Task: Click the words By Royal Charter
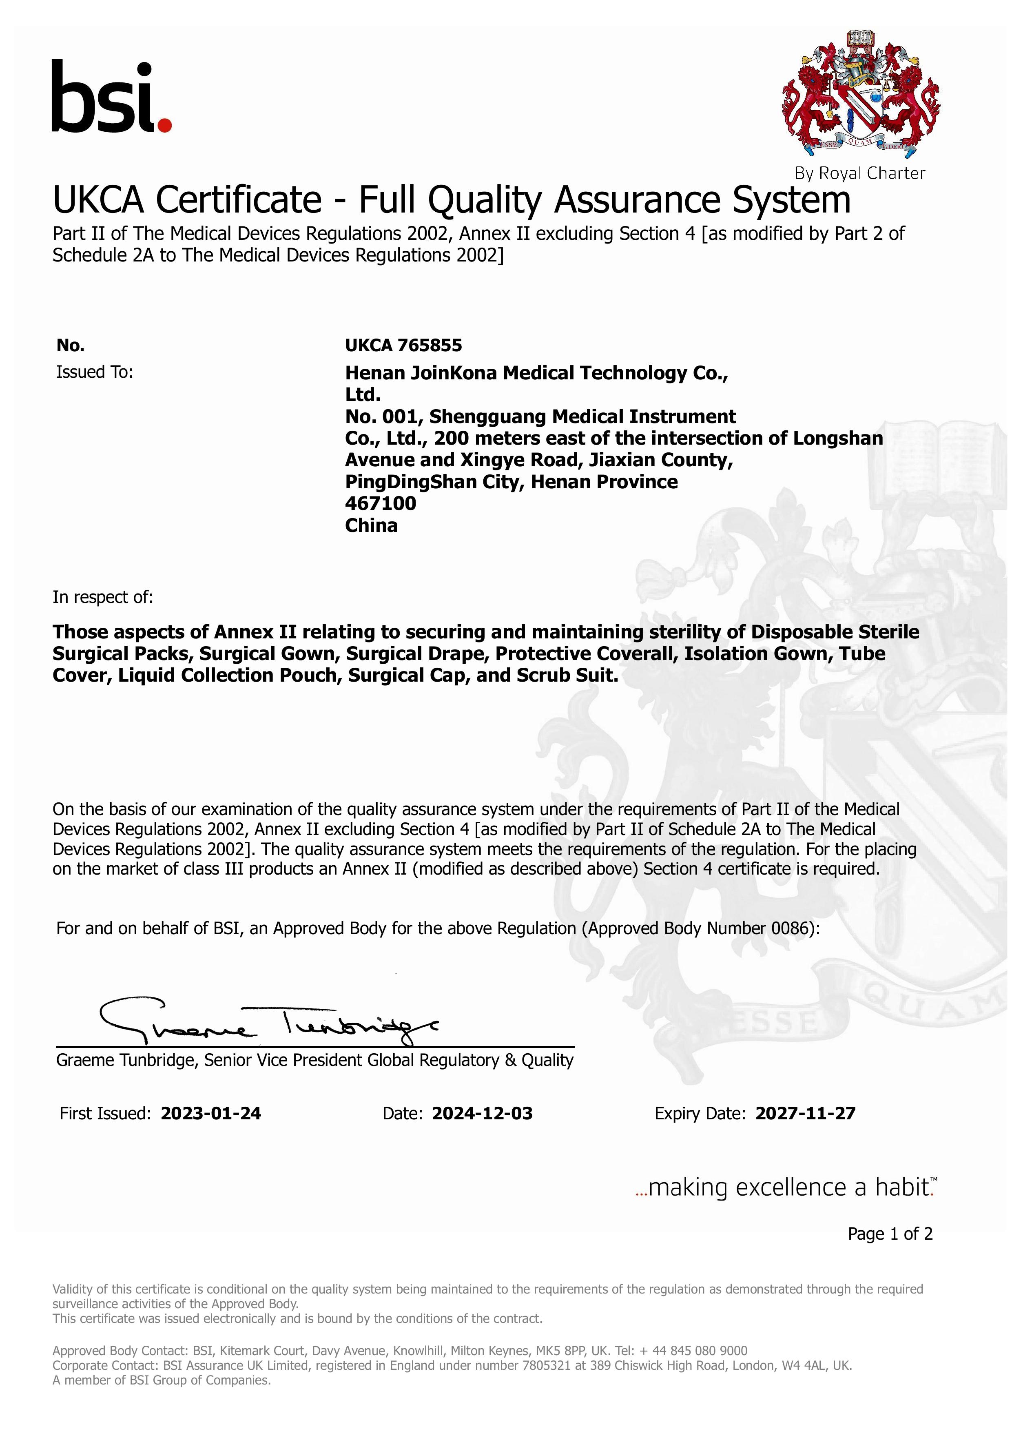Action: [859, 173]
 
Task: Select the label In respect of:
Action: [102, 597]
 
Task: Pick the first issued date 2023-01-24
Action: [210, 1114]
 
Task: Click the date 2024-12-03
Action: [482, 1114]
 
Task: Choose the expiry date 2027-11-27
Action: [805, 1114]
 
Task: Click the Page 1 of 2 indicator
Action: [890, 1234]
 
